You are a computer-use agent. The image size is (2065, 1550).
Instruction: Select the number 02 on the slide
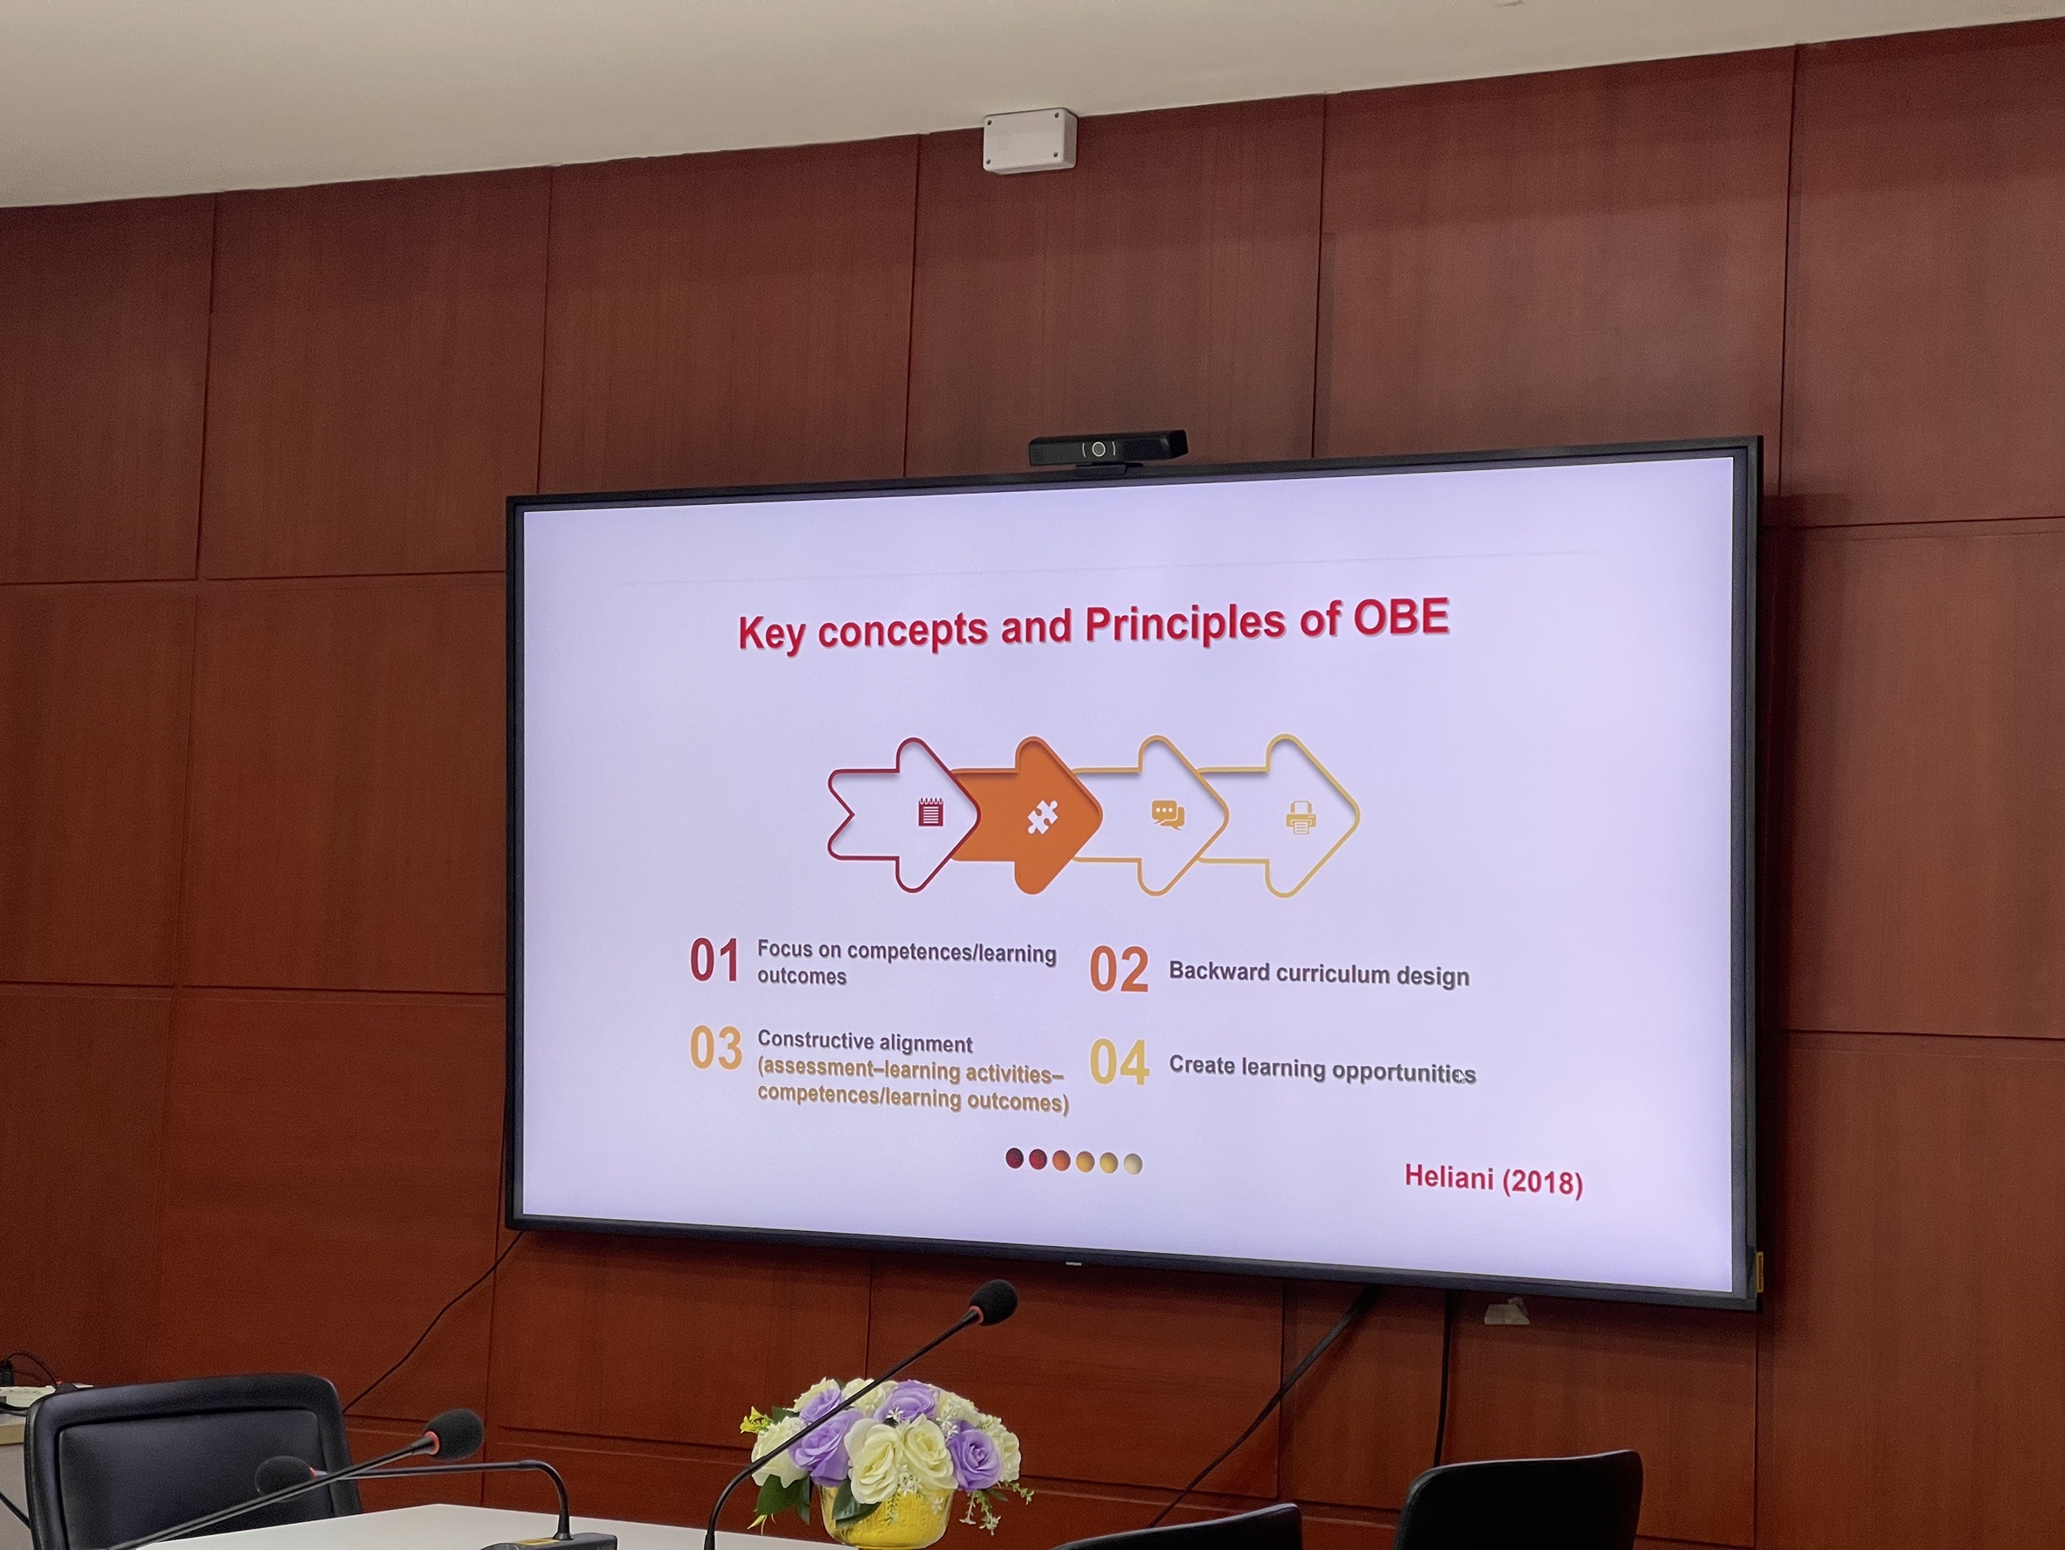[1118, 969]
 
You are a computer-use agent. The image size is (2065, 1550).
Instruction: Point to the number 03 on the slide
[716, 1048]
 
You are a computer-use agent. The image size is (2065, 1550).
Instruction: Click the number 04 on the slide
[1119, 1062]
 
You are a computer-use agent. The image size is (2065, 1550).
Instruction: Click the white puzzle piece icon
[1042, 816]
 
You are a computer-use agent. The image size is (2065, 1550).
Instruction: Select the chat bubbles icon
[1167, 815]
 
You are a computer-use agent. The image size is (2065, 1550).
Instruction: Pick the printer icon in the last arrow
[1301, 818]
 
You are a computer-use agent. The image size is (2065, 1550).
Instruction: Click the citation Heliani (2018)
[1494, 1180]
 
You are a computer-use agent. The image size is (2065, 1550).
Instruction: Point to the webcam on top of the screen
[1108, 448]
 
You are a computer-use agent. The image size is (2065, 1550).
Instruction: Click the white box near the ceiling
[1030, 141]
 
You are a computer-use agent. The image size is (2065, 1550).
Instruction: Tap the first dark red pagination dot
[1015, 1159]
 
